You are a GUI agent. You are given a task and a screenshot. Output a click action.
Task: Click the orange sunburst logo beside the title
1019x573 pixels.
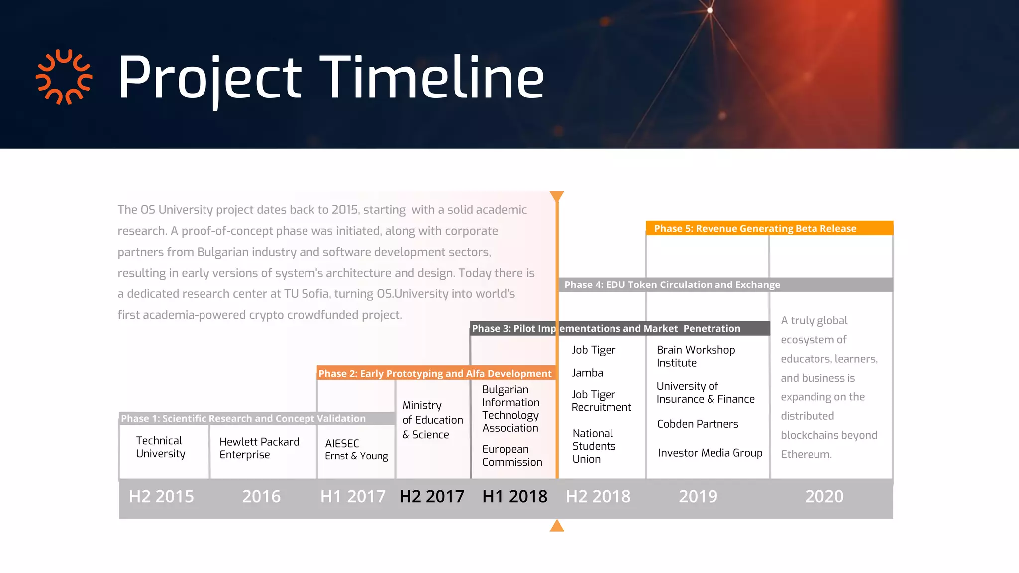click(64, 77)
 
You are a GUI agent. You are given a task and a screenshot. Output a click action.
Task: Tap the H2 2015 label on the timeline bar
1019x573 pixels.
click(161, 496)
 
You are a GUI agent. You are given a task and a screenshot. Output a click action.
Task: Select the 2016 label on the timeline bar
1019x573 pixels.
click(261, 496)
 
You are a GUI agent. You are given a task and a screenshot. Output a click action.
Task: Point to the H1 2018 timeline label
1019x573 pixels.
click(514, 496)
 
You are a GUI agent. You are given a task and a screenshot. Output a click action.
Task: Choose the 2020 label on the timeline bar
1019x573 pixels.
click(824, 496)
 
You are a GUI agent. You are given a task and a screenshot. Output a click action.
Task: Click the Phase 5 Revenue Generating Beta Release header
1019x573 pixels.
click(755, 228)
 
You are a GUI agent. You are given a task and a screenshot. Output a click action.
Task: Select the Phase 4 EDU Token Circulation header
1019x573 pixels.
click(672, 285)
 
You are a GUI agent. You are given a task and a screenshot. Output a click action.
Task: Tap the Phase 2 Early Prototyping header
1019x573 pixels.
click(435, 373)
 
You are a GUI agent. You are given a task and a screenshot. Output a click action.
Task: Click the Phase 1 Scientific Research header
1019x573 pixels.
click(243, 418)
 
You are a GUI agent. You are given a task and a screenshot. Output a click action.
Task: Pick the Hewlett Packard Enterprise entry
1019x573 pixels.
click(259, 448)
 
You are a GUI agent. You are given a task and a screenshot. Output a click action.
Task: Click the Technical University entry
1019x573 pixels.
click(160, 447)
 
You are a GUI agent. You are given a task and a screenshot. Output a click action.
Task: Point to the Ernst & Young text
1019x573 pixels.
click(356, 456)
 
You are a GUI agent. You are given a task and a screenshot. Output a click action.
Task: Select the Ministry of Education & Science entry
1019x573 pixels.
click(432, 420)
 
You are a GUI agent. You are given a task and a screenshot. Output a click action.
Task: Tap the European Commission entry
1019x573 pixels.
click(511, 455)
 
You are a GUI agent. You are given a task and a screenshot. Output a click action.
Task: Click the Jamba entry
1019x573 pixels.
click(587, 373)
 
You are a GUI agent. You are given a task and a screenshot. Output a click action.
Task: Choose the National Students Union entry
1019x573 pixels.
click(594, 446)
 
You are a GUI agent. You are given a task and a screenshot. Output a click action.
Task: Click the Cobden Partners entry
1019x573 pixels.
click(698, 424)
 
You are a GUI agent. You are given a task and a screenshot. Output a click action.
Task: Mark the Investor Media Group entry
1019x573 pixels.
click(710, 453)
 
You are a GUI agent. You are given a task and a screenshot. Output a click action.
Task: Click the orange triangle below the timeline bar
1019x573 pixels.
click(557, 526)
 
